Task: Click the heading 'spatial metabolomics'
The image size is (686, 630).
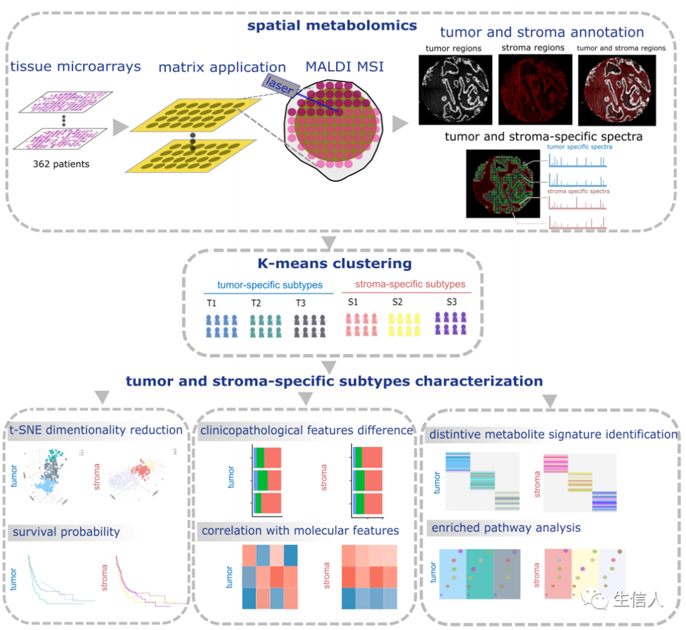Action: pos(332,25)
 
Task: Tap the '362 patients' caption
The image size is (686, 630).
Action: pos(61,164)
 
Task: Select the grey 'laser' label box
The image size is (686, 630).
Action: pos(281,85)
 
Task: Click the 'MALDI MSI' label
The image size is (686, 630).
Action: pos(344,67)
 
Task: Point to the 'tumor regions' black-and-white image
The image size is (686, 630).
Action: pos(455,90)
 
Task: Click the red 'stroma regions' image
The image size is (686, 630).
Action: pos(535,89)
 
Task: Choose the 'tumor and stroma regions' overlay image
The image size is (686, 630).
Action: pos(616,90)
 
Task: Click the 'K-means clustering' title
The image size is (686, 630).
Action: pos(334,264)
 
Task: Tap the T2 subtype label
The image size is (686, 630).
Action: pos(256,303)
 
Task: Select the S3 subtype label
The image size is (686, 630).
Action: pos(451,302)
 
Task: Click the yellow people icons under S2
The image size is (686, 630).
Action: pos(404,324)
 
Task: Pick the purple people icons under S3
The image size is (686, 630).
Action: pos(450,323)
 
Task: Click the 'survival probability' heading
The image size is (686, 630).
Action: pos(66,532)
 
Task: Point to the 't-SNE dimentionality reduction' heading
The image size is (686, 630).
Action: pos(96,430)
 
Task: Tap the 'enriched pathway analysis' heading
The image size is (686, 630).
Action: pos(506,528)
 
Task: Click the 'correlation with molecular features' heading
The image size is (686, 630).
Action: pos(300,531)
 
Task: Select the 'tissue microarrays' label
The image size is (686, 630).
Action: pos(75,67)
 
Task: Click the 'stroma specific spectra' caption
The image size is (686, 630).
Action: pos(578,191)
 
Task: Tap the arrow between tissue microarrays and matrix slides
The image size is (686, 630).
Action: pos(120,127)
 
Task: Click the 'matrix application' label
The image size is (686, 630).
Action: pos(222,68)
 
